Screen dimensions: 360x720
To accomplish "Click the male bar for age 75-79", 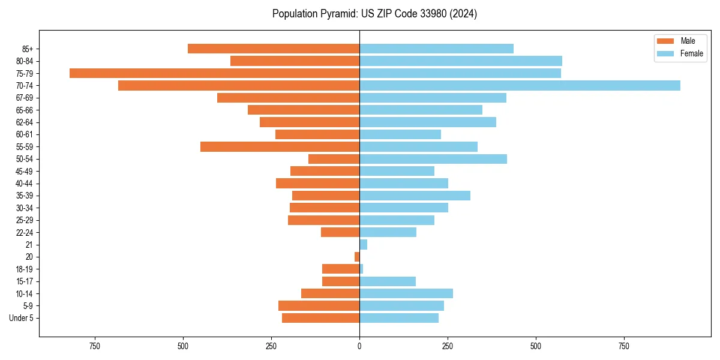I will pos(214,73).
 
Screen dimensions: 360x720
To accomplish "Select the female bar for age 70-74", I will pos(520,85).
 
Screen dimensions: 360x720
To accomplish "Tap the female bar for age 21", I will pos(364,245).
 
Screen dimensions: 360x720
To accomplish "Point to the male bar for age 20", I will pos(357,257).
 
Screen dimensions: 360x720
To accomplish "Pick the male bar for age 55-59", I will pos(280,147).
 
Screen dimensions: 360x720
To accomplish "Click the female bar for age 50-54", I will pos(433,159).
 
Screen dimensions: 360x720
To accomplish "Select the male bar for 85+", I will pos(274,49).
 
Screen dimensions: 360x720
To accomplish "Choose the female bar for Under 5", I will pos(399,318).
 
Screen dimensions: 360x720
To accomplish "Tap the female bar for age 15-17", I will pos(388,281).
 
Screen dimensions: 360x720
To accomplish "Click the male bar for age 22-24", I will pos(340,232).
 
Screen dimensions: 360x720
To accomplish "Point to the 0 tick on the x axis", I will pos(359,346).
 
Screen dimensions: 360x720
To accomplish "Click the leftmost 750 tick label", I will pos(94,346).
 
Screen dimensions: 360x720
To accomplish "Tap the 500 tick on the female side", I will pos(536,346).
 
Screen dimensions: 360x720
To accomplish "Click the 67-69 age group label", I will pos(25,98).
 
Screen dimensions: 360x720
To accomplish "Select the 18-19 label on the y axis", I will pos(25,269).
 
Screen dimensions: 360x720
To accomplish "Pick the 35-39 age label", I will pos(25,196).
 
